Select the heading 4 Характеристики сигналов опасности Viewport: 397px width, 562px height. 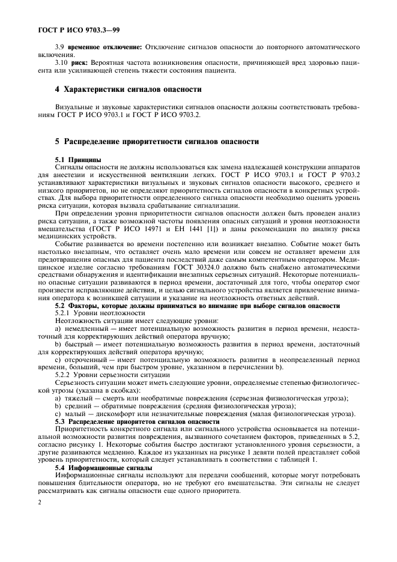pos(128,89)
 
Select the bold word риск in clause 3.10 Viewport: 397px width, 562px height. pos(80,62)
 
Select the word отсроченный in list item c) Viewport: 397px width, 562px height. pos(83,359)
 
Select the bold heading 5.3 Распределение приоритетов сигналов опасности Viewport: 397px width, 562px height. pos(138,421)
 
